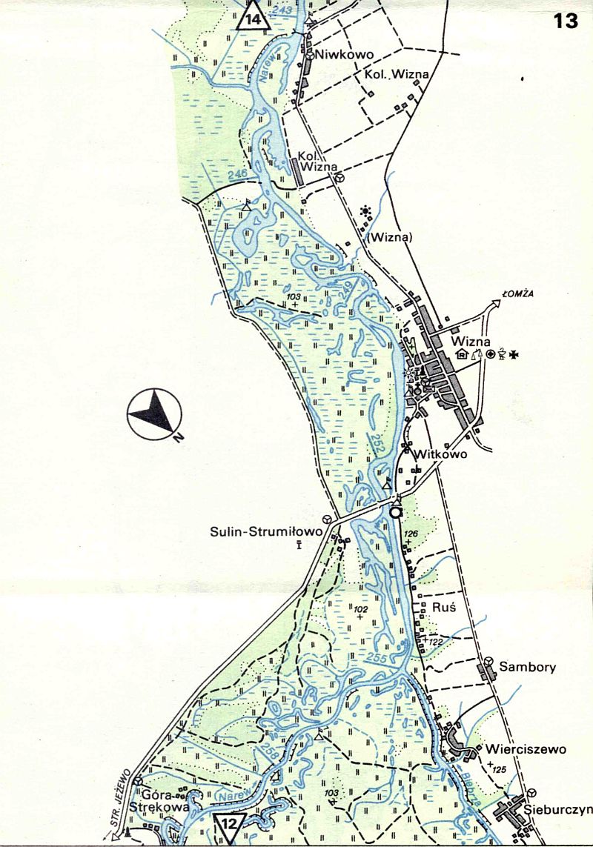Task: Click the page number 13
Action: [x=566, y=21]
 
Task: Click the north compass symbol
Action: [x=154, y=413]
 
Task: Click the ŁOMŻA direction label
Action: [x=518, y=294]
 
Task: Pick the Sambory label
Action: [x=527, y=667]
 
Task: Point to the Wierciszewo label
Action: [x=526, y=748]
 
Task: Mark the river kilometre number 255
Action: [x=378, y=659]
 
